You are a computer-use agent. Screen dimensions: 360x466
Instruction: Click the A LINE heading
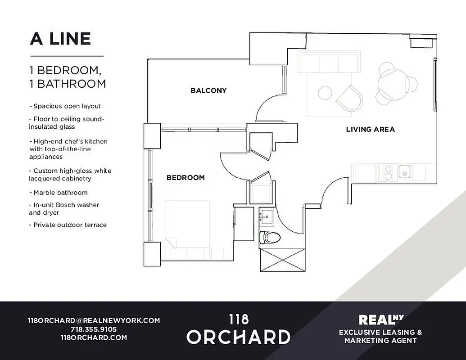point(60,39)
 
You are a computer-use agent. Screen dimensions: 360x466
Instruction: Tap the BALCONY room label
point(208,90)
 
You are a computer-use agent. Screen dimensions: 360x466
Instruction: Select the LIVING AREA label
point(370,130)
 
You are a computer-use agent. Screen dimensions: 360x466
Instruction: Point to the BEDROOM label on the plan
point(185,178)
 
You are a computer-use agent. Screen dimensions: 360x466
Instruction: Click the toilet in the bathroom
point(270,237)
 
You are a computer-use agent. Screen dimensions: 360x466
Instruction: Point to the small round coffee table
point(325,93)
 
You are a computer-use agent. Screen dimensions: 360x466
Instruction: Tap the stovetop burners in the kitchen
point(387,172)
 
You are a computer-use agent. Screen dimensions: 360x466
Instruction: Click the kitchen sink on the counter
point(405,172)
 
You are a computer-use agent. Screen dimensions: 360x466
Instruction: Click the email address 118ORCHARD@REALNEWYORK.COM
point(94,321)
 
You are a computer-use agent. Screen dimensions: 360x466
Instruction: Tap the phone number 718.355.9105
point(94,329)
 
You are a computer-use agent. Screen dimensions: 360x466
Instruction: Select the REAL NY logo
point(380,319)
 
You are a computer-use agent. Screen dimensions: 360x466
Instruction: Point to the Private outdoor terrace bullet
point(68,225)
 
